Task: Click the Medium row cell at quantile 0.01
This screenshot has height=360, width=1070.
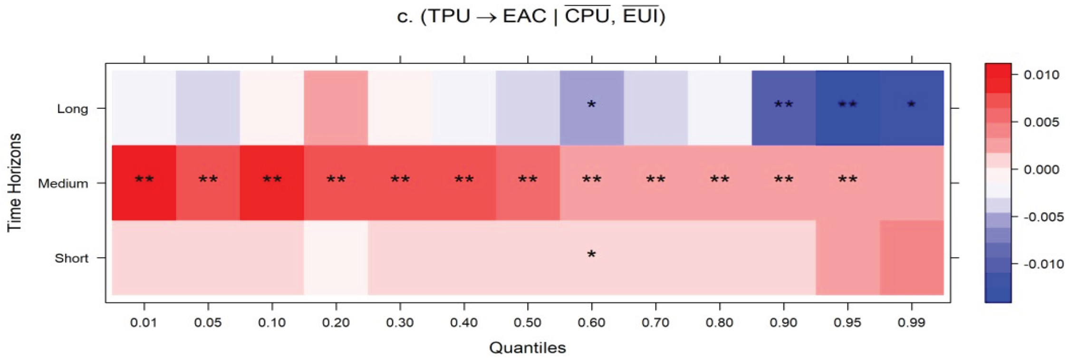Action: (x=144, y=183)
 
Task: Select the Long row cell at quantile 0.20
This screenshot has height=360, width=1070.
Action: (x=336, y=108)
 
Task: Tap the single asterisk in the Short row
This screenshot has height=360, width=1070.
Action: (x=591, y=254)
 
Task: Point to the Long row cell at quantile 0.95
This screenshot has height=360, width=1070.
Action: (x=848, y=108)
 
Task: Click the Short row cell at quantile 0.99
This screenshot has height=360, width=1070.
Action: (x=911, y=258)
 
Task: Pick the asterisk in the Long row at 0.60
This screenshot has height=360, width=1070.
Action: (x=591, y=105)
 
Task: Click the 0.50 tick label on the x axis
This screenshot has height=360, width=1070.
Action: (x=528, y=323)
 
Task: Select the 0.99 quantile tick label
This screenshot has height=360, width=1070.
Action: (x=911, y=323)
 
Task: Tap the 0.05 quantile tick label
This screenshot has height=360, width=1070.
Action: (x=208, y=323)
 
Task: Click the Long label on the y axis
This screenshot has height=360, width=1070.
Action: (x=72, y=109)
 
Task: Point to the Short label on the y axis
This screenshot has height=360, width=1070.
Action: (x=71, y=258)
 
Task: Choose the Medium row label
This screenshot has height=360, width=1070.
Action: (x=63, y=184)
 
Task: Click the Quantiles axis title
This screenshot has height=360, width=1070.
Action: (x=527, y=348)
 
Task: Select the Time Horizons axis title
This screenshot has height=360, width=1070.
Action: (x=15, y=183)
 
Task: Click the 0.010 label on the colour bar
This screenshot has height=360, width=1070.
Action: (x=1041, y=75)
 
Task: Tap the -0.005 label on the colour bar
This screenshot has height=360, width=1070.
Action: (x=1043, y=217)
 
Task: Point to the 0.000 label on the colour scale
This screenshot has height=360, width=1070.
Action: (x=1041, y=169)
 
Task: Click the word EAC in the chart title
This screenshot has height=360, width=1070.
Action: (x=524, y=17)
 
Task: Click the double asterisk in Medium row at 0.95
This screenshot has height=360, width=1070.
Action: (x=848, y=179)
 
